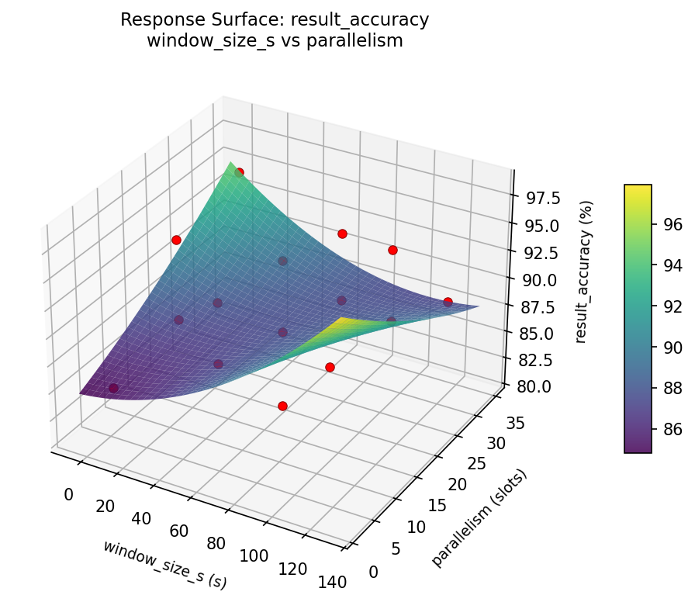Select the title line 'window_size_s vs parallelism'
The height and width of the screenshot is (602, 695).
coord(275,41)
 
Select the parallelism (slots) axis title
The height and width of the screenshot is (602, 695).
coord(479,518)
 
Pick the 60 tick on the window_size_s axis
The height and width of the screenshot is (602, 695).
coord(180,531)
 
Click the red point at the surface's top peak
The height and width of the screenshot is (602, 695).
coord(239,172)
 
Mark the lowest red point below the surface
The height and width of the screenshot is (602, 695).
coord(282,406)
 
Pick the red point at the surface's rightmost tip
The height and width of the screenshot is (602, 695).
coord(448,302)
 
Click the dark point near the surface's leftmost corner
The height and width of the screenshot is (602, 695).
coord(113,388)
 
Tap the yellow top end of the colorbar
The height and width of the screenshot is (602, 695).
coord(638,189)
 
